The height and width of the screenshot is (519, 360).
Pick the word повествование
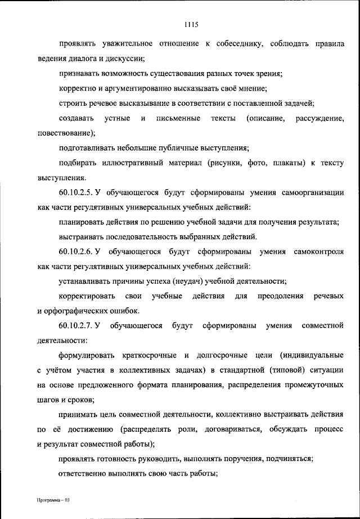pyautogui.click(x=65, y=133)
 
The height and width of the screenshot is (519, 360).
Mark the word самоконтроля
pyautogui.click(x=319, y=252)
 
